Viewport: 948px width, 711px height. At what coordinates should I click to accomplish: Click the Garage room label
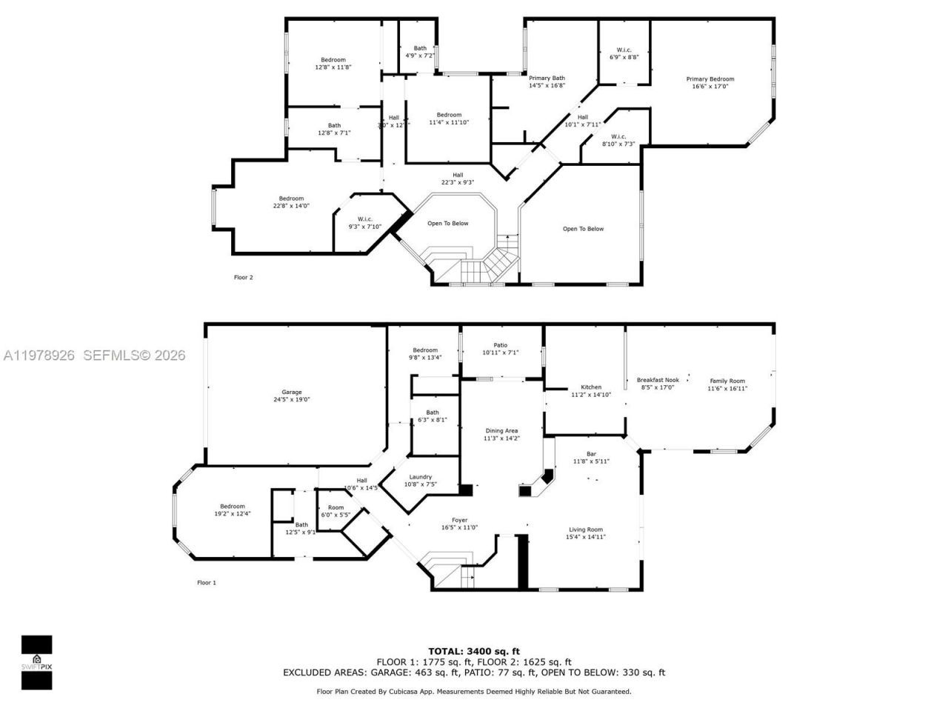point(291,393)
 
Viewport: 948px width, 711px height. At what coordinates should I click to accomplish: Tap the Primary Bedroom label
point(710,79)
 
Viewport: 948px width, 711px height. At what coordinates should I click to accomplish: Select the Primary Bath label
point(547,78)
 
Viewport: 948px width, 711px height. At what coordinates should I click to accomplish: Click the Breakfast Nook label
point(658,380)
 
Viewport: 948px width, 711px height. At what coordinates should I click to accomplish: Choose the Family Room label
point(727,381)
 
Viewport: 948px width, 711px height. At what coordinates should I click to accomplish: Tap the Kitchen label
point(591,387)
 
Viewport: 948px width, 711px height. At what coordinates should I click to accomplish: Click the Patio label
point(501,344)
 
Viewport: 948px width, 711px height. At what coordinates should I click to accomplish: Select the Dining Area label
point(501,430)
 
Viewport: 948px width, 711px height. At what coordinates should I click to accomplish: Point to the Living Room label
point(586,530)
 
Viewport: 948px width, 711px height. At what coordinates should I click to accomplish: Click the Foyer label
point(459,520)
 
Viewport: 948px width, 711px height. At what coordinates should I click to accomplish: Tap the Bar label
point(591,454)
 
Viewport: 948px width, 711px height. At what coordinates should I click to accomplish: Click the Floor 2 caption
point(243,278)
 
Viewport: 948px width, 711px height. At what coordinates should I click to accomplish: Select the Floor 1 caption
point(207,583)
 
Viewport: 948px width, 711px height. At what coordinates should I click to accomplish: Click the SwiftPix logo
point(36,662)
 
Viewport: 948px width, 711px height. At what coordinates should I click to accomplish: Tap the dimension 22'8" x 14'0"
point(291,205)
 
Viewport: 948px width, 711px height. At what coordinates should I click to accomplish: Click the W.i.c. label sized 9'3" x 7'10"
point(365,219)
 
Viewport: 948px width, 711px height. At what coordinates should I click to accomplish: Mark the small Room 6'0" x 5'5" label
point(336,508)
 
